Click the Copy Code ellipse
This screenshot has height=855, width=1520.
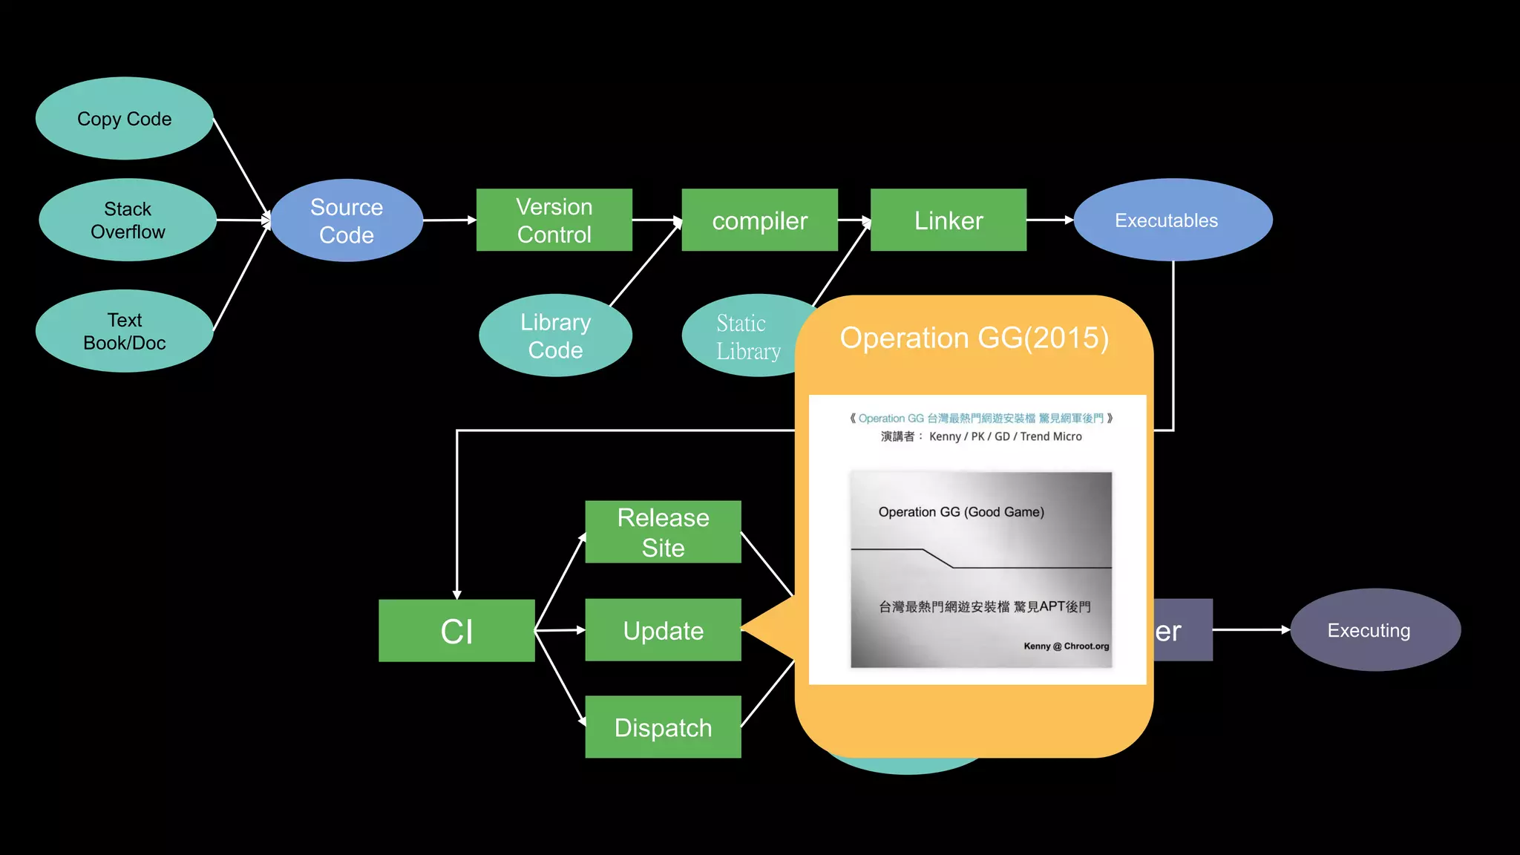pyautogui.click(x=124, y=119)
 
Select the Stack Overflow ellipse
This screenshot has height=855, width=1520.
pyautogui.click(x=127, y=220)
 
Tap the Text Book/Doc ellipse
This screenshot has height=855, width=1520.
pyautogui.click(x=124, y=331)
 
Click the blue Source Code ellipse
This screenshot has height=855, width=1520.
pyautogui.click(x=347, y=220)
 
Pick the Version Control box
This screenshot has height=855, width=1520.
pyautogui.click(x=554, y=220)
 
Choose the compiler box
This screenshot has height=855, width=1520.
pyautogui.click(x=759, y=220)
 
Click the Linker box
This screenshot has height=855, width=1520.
pyautogui.click(x=948, y=220)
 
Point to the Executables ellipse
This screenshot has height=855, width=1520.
pyautogui.click(x=1173, y=220)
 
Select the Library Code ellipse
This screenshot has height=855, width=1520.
pyautogui.click(x=555, y=335)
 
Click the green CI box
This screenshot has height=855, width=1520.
pyautogui.click(x=456, y=631)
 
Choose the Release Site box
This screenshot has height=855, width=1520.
pyautogui.click(x=663, y=532)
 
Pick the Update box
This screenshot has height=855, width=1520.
pyautogui.click(x=663, y=630)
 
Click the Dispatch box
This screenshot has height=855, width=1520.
pyautogui.click(x=663, y=727)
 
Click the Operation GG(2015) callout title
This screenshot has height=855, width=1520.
pyautogui.click(x=974, y=338)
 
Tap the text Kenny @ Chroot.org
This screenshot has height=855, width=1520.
pyautogui.click(x=1066, y=646)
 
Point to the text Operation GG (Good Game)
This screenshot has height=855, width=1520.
pyautogui.click(x=961, y=512)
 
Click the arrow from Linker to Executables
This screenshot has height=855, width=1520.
pyautogui.click(x=1049, y=220)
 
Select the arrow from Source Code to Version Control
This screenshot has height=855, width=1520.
pyautogui.click(x=449, y=220)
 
